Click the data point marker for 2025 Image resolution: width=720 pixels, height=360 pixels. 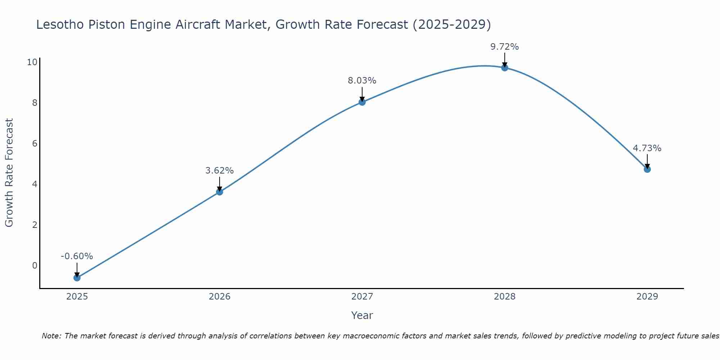point(77,278)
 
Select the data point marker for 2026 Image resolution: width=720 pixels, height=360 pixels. point(220,192)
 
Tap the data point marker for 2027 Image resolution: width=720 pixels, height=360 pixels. point(362,102)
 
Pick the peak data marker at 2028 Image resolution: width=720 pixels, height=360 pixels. point(505,68)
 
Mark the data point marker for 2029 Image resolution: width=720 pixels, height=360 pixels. point(647,169)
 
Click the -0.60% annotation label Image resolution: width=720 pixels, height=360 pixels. point(77,256)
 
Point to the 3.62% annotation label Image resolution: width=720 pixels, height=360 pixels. point(220,171)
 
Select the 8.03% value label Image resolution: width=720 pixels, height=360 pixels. point(362,81)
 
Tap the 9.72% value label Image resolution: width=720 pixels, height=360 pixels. point(505,47)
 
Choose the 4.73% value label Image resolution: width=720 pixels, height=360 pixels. point(647,148)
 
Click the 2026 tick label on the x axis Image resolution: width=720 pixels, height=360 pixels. point(220,297)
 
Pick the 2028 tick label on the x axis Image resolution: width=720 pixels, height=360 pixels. point(505,297)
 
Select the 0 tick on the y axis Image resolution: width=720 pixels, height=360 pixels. point(35,266)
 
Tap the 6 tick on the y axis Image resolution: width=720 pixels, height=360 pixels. point(35,144)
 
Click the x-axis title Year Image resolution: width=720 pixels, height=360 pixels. point(362,315)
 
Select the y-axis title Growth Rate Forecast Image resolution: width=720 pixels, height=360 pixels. point(9,173)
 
